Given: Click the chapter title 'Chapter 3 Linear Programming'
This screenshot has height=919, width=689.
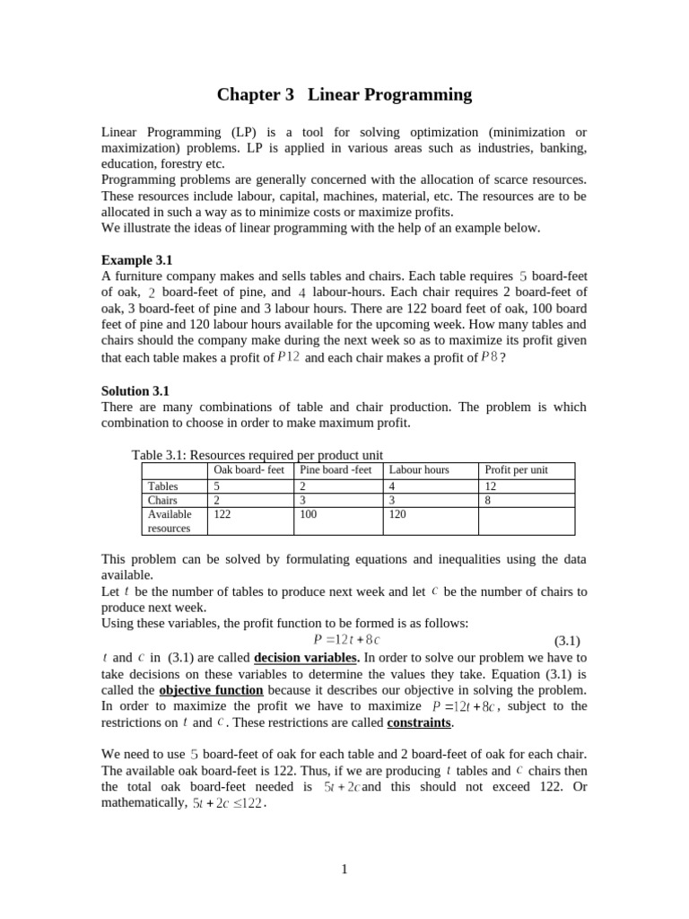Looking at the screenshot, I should pyautogui.click(x=344, y=94).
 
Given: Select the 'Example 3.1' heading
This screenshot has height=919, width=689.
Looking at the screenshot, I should pyautogui.click(x=133, y=260).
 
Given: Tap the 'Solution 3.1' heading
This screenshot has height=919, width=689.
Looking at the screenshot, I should pyautogui.click(x=135, y=390).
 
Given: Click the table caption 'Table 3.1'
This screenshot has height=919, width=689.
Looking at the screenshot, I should pyautogui.click(x=257, y=455).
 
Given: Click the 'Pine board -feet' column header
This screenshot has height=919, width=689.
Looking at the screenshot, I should pyautogui.click(x=336, y=470).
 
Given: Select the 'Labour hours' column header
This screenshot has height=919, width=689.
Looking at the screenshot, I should pyautogui.click(x=419, y=470).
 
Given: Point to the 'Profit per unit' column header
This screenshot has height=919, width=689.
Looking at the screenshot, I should pyautogui.click(x=516, y=470).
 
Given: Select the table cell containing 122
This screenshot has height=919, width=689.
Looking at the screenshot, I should pyautogui.click(x=222, y=514).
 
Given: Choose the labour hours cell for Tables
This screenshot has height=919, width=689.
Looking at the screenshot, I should pyautogui.click(x=393, y=486).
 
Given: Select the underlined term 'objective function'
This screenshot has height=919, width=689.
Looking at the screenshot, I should pyautogui.click(x=211, y=690).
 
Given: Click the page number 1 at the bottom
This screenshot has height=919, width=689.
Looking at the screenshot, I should pyautogui.click(x=344, y=870).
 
